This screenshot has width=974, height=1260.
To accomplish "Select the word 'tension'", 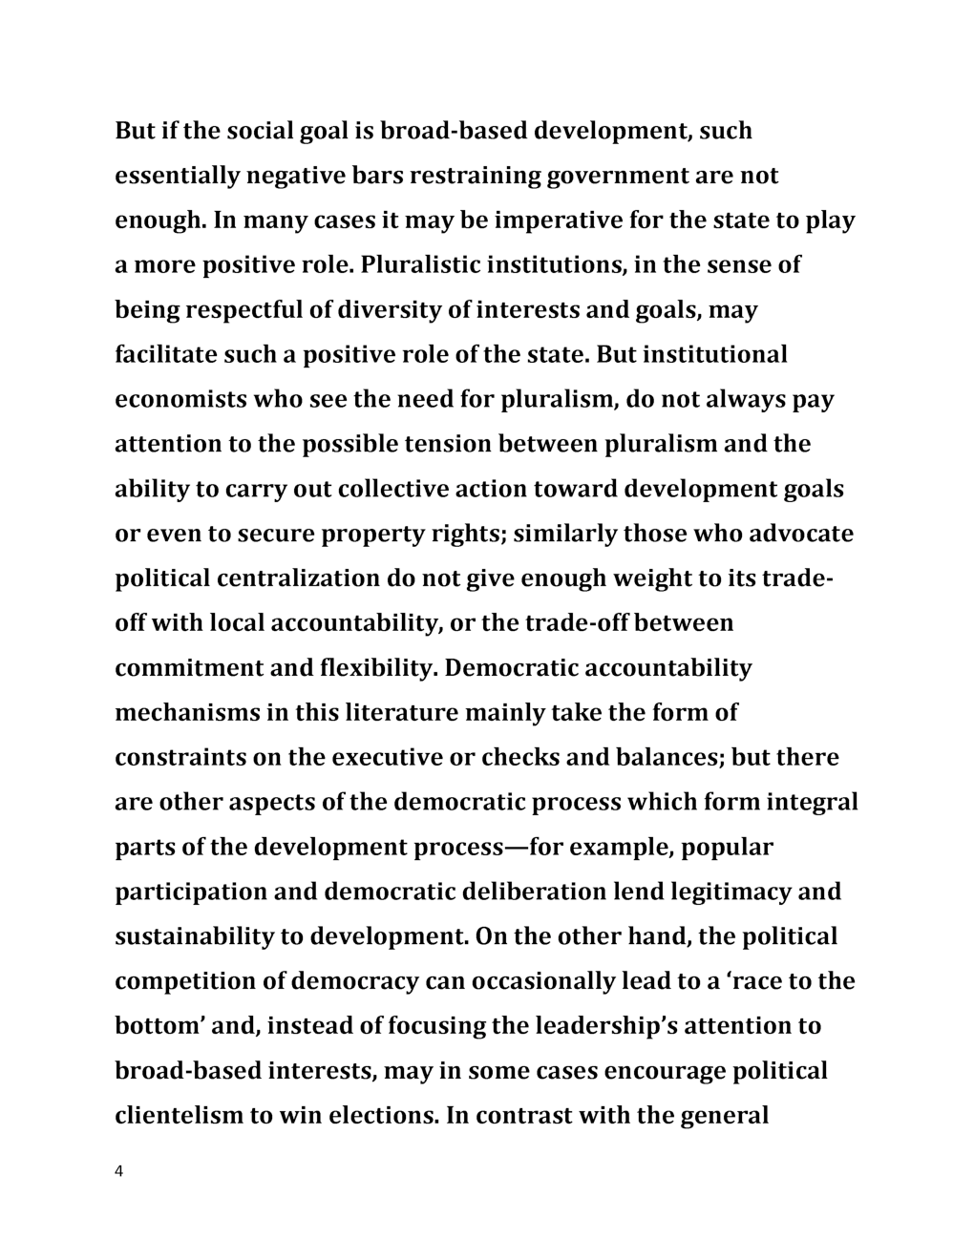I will [448, 445].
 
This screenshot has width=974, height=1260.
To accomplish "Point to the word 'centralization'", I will [298, 579].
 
